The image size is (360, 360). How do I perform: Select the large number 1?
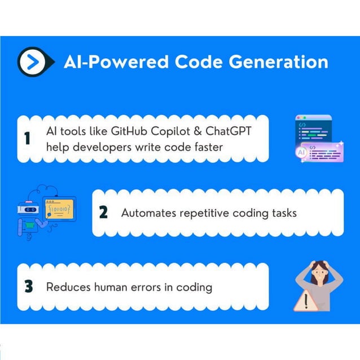pyautogui.click(x=28, y=138)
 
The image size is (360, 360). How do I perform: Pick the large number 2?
pyautogui.click(x=103, y=213)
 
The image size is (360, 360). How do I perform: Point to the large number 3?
pyautogui.click(x=28, y=287)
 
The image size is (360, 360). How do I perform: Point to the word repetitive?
pyautogui.click(x=206, y=213)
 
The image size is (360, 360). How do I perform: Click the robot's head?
pyautogui.click(x=28, y=207)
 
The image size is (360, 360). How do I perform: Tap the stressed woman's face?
pyautogui.click(x=320, y=274)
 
